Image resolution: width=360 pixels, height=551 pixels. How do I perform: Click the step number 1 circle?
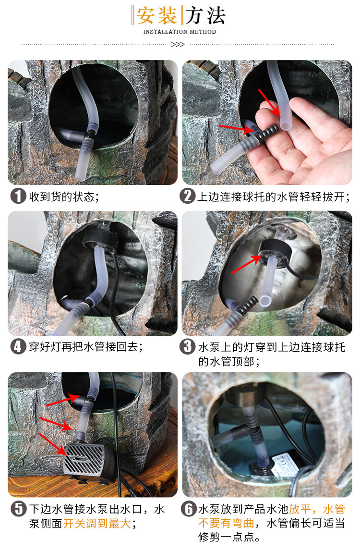click(18, 196)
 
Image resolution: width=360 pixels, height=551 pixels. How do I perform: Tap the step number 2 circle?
click(188, 196)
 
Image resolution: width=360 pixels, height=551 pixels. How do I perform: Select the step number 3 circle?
click(188, 346)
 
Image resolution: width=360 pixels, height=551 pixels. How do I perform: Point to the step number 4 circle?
click(18, 346)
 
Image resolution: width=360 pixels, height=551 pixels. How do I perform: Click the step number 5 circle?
click(18, 509)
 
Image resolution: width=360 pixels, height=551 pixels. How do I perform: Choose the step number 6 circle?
click(189, 509)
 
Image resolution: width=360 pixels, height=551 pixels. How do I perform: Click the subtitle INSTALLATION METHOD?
click(180, 32)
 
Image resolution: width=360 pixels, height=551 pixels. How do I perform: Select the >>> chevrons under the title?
click(178, 45)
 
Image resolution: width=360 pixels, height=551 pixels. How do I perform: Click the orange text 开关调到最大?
click(97, 523)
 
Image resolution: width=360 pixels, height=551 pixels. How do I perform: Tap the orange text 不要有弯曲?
click(226, 523)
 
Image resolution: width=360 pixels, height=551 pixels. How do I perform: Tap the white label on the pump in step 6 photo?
click(285, 461)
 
